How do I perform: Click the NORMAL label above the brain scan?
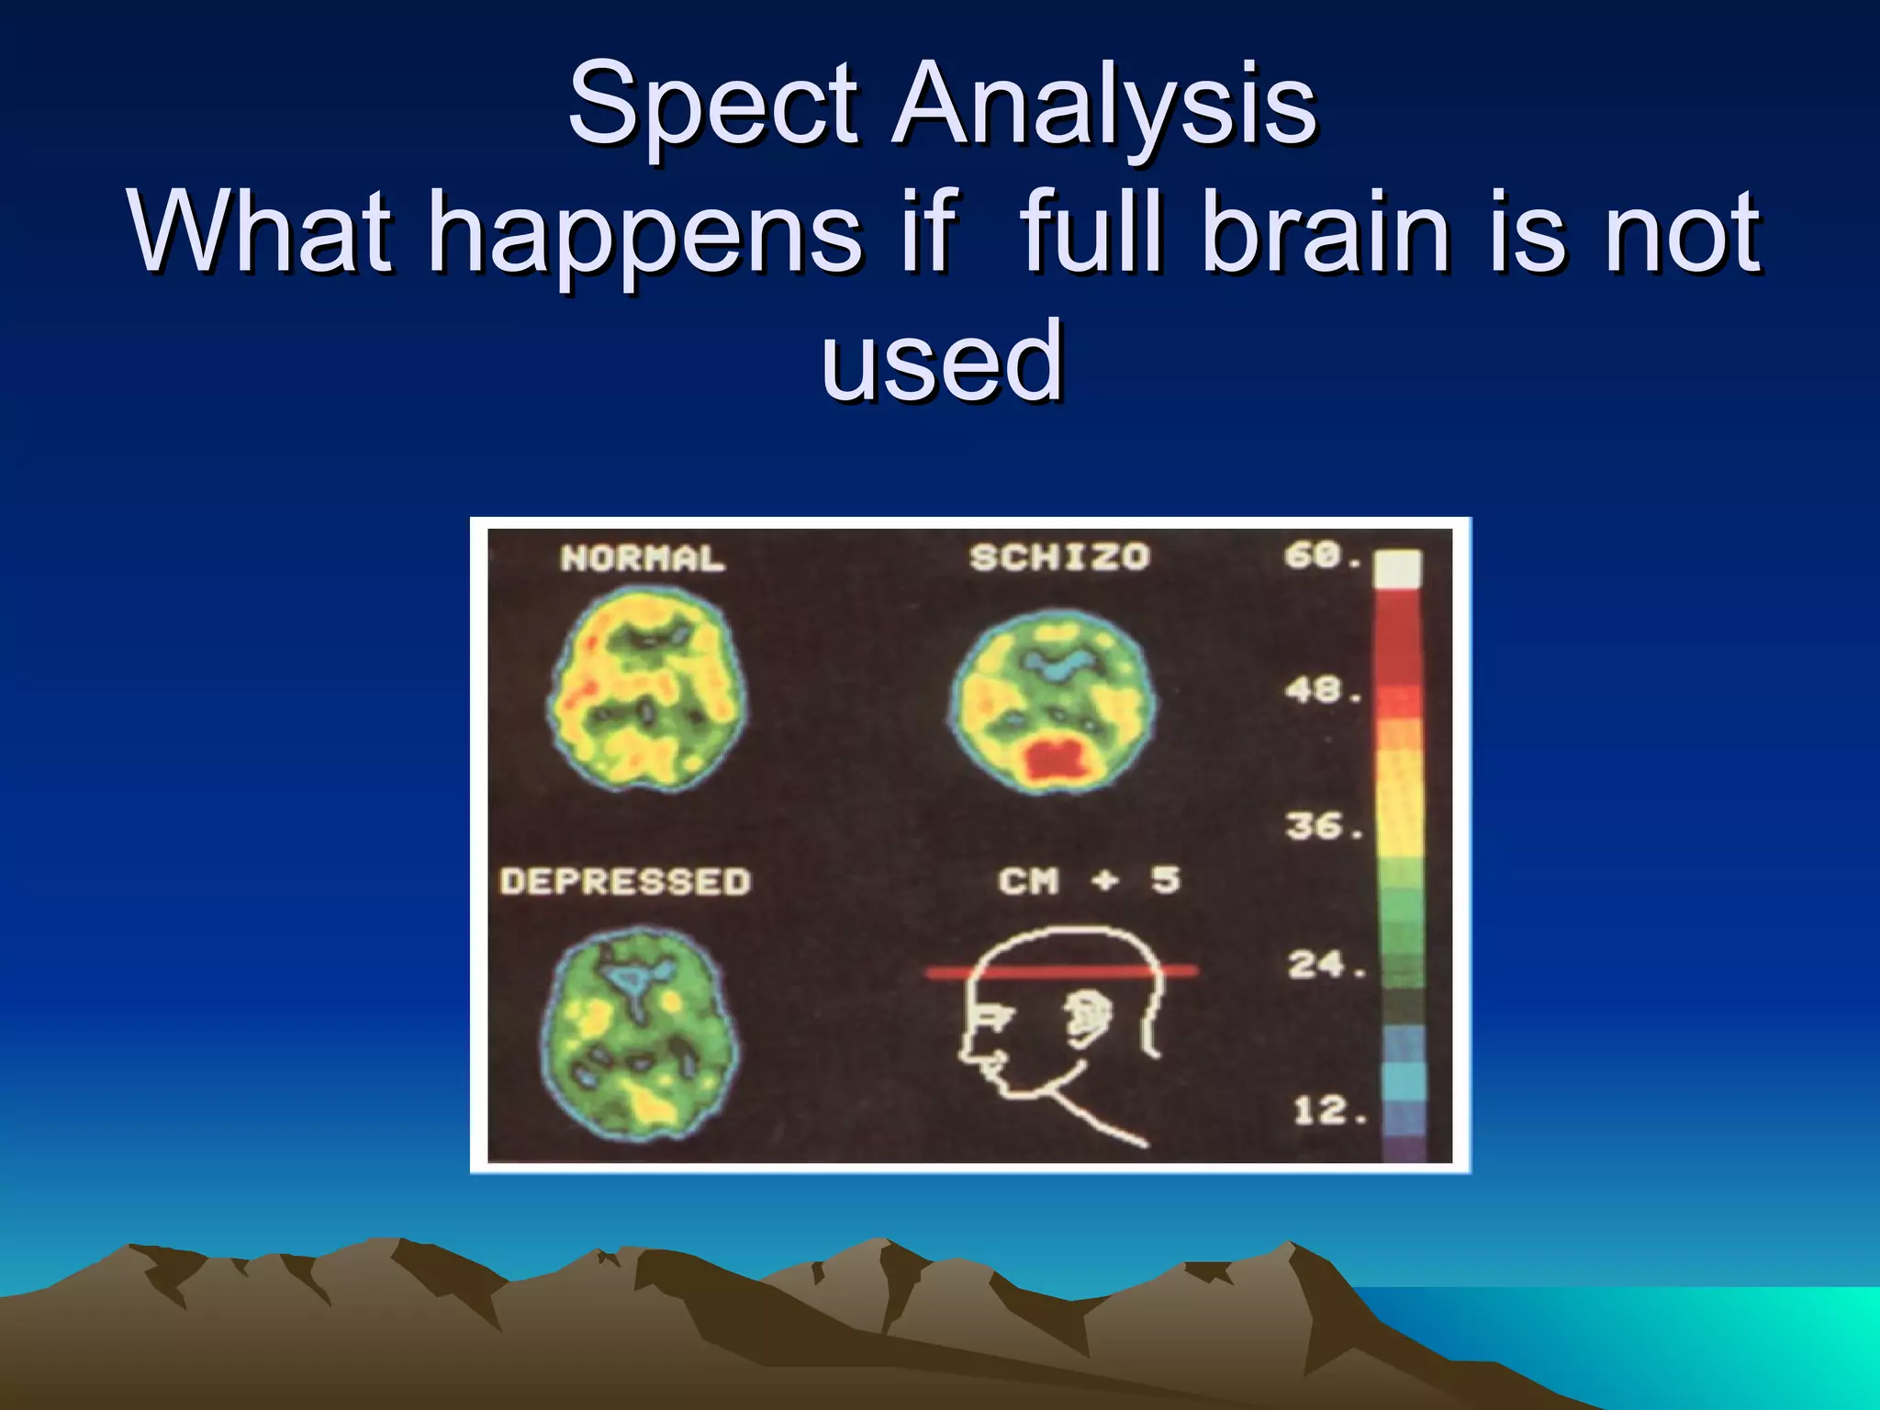[643, 558]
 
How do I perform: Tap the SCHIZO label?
[1059, 557]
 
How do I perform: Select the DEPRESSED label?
[625, 881]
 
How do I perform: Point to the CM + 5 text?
[1089, 880]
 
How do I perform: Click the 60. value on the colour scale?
[1323, 555]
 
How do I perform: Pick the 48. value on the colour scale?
[1323, 690]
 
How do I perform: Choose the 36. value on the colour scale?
[1323, 826]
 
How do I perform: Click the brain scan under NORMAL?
[648, 690]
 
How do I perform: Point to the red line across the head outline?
[1061, 971]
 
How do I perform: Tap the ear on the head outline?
[1090, 1016]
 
